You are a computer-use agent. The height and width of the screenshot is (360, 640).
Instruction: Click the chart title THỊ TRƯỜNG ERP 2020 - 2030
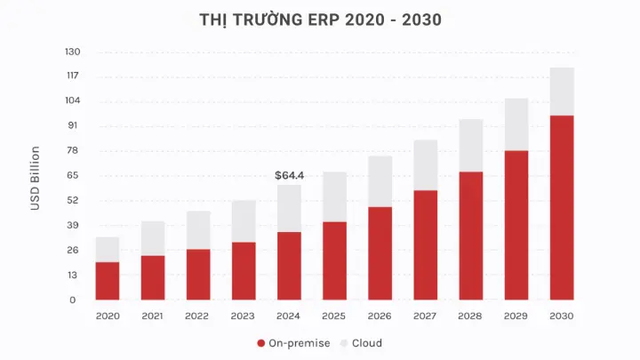pos(320,20)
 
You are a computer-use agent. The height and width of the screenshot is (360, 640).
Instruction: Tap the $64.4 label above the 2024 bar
pos(290,175)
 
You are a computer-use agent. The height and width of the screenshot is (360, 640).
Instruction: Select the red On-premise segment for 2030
pos(562,207)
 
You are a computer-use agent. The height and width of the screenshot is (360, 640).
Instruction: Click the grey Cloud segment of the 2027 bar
pos(425,165)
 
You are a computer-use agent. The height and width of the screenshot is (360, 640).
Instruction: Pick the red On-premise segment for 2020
pos(108,281)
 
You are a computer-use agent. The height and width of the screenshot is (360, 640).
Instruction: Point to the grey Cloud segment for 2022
pos(198,230)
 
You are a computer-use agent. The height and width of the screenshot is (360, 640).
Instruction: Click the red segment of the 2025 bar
pos(334,260)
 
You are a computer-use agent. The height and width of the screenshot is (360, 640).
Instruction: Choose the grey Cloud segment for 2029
pos(516,124)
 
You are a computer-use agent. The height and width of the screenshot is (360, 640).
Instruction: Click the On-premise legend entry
pos(294,343)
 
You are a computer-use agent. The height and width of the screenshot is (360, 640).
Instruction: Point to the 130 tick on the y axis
pos(72,52)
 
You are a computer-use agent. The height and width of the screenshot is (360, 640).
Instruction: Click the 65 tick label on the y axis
pos(74,175)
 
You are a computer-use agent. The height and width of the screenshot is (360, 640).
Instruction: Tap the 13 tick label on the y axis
pos(74,275)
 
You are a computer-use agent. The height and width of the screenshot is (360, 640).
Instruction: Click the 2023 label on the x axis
pos(244,316)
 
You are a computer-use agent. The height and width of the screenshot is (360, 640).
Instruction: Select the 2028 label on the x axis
pos(470,316)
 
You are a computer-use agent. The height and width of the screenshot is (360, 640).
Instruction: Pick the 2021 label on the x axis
pos(153,316)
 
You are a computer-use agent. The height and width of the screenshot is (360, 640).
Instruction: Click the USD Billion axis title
pos(36,178)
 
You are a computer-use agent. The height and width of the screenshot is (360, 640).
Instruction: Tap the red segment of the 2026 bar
pos(380,253)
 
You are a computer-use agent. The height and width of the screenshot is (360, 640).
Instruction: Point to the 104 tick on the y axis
pos(72,100)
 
